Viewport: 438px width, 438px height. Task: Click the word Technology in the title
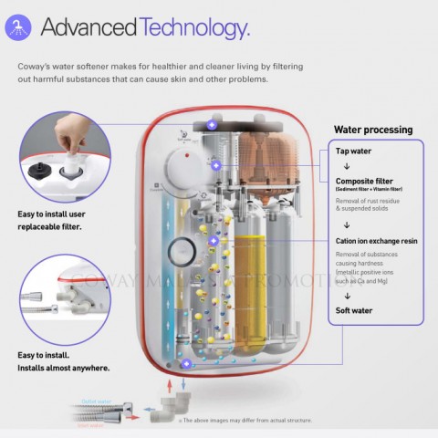tap(194, 28)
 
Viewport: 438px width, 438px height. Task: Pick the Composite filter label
tap(366, 181)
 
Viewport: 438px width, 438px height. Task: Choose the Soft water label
tap(355, 308)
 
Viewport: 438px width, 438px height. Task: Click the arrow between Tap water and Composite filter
tap(347, 166)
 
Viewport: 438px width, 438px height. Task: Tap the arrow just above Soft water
tap(347, 295)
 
